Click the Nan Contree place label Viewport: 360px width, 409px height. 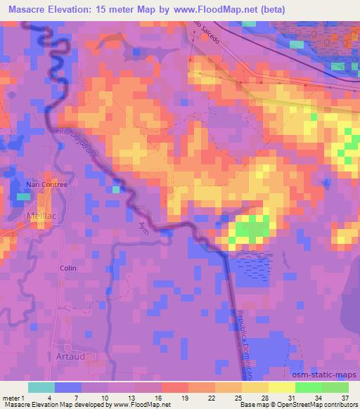(46, 184)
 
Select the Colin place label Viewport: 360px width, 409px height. (68, 268)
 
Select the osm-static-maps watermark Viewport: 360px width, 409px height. (326, 374)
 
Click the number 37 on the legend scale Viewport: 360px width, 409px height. (344, 398)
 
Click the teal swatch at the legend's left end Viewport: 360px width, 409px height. (41, 387)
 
